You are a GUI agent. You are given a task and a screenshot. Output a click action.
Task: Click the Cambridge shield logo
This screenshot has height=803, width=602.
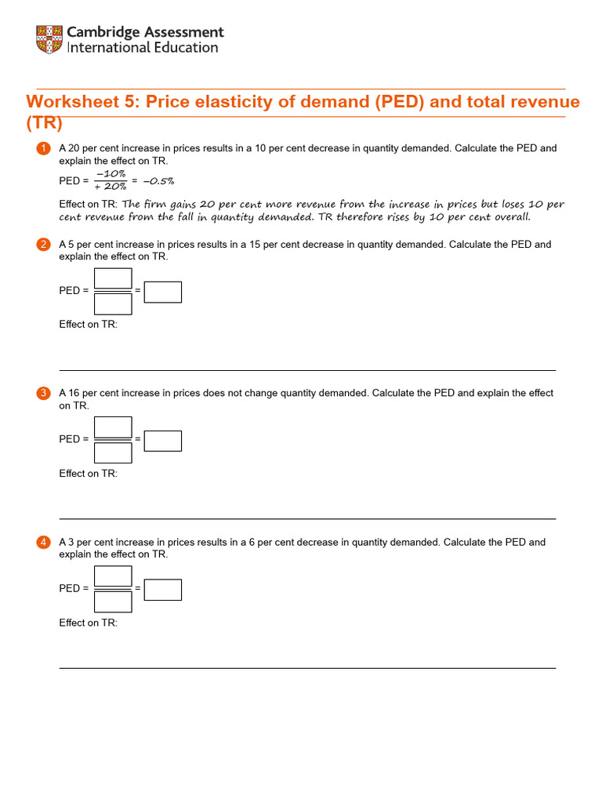(49, 40)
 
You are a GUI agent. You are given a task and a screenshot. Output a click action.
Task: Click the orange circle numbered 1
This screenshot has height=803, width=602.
(43, 148)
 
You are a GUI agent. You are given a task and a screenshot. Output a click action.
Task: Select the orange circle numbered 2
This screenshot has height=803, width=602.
(43, 245)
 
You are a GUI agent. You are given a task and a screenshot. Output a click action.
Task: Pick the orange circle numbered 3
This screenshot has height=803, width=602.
(43, 393)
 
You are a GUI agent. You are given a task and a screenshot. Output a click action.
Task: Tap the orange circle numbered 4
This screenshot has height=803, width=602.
(43, 542)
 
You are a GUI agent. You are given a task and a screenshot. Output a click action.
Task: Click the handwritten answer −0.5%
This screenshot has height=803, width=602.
(158, 180)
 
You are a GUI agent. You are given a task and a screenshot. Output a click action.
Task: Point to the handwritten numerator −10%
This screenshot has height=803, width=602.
(111, 174)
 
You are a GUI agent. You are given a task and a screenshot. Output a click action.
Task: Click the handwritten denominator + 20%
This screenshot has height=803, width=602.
(111, 187)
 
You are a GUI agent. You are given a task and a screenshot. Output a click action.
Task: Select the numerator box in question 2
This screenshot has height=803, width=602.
(113, 278)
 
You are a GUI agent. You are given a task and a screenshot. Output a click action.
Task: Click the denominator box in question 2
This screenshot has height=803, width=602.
(113, 303)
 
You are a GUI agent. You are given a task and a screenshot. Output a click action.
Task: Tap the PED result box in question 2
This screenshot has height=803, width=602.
(163, 292)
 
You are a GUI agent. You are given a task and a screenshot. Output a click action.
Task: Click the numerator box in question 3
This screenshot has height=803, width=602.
(113, 427)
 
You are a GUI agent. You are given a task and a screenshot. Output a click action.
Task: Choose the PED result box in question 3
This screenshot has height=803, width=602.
(163, 441)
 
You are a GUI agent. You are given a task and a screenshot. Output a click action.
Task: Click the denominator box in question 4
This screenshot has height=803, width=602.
(113, 601)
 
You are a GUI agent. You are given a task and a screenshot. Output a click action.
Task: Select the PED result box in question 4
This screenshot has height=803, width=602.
(163, 590)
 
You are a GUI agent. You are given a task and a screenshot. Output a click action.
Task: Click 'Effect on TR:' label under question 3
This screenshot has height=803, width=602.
(89, 474)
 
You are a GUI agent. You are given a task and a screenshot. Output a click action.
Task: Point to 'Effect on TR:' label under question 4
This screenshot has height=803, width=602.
(89, 623)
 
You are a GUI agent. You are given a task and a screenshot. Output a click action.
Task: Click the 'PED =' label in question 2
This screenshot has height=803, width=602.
(74, 291)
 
